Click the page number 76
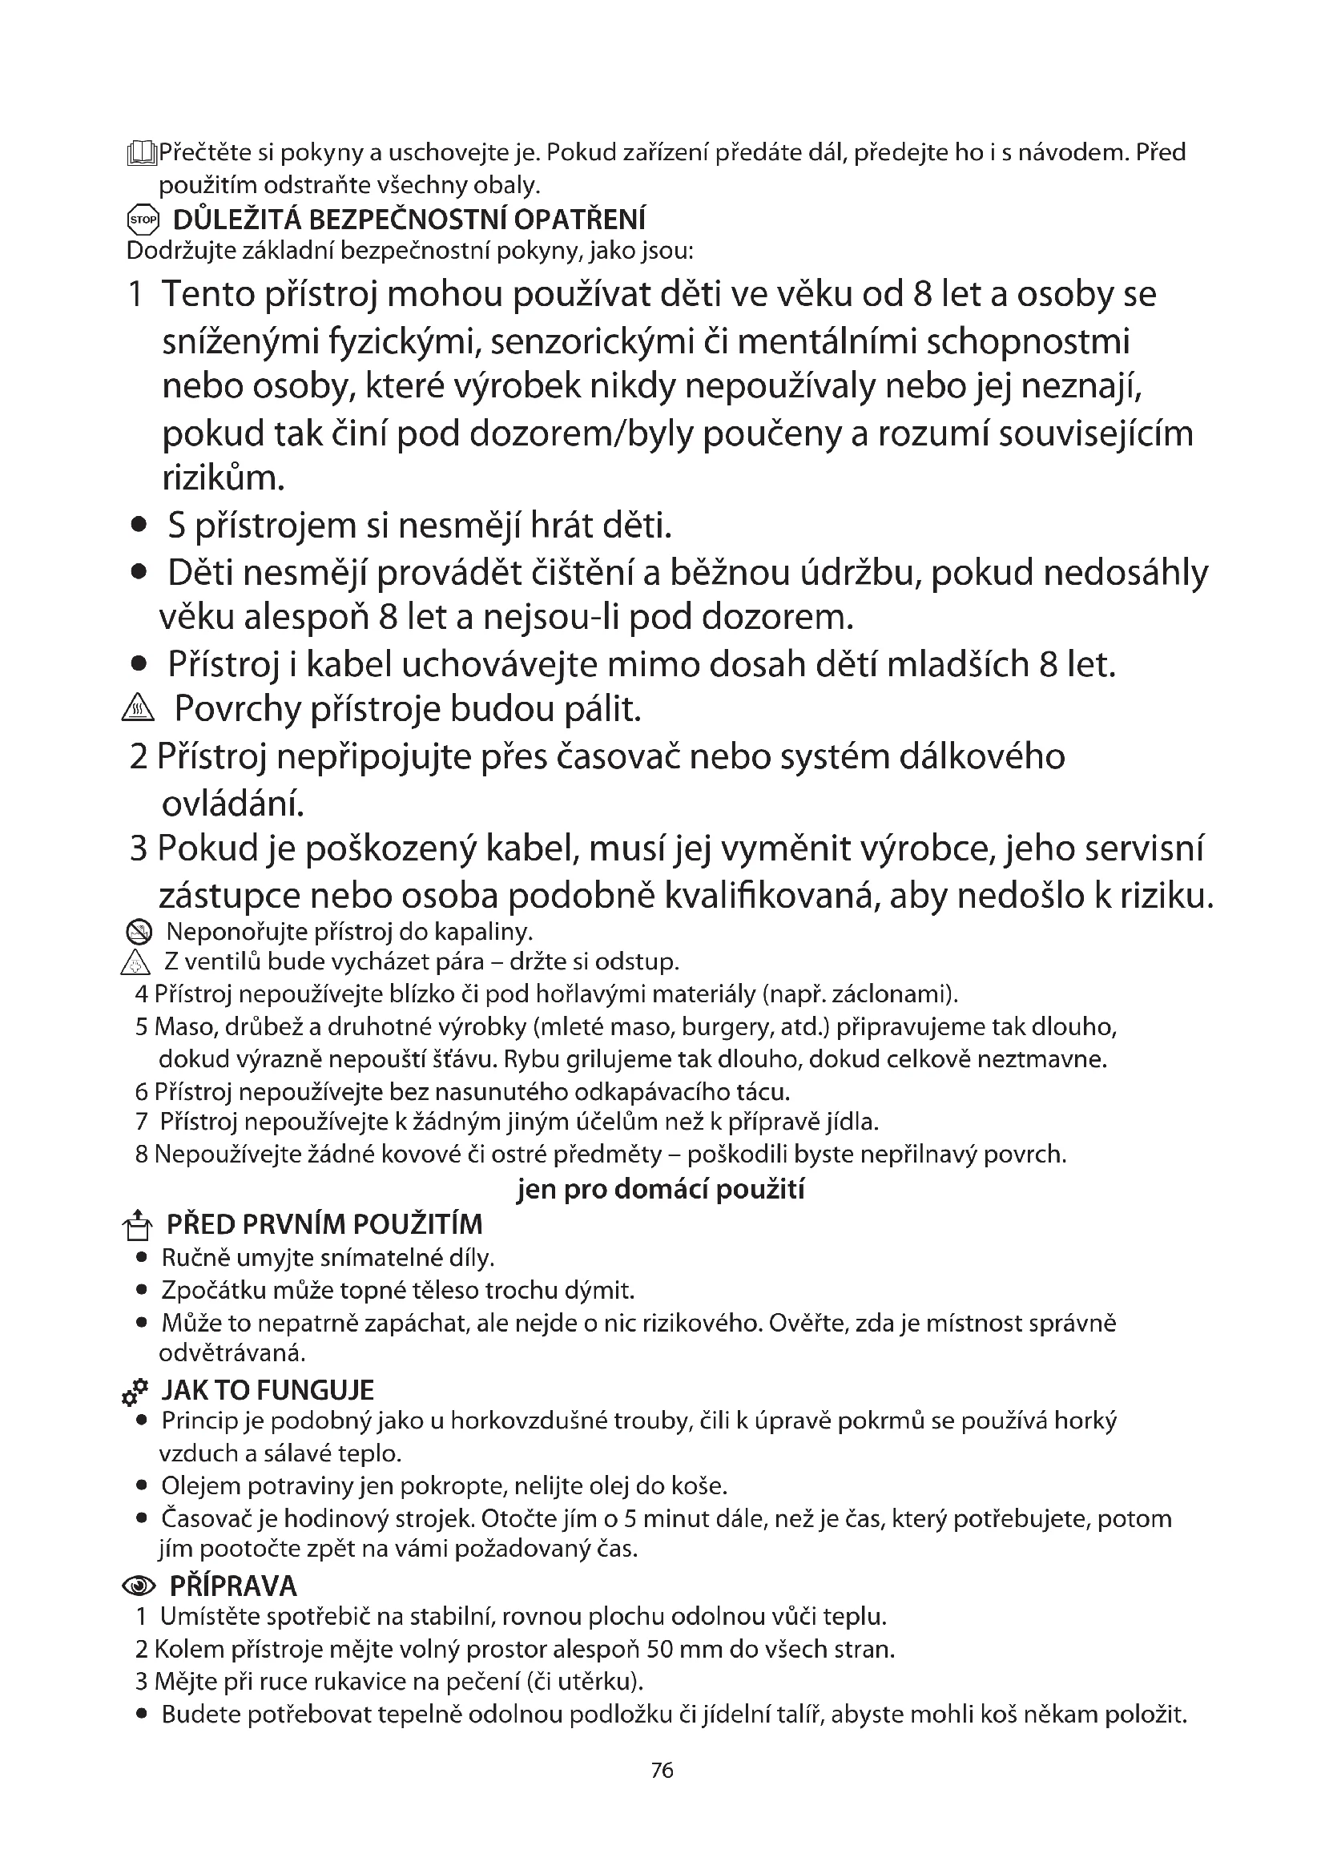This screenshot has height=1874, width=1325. (662, 1770)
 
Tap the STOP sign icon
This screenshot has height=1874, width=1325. (142, 220)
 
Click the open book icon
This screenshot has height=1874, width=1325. (140, 153)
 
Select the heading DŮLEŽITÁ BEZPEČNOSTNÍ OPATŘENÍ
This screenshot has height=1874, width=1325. (409, 220)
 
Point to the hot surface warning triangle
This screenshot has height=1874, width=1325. (137, 710)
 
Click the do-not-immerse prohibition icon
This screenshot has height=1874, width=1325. (140, 931)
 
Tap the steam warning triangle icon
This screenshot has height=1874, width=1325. (135, 964)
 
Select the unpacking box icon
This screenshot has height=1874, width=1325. (137, 1226)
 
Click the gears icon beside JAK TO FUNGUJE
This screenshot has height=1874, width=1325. (135, 1391)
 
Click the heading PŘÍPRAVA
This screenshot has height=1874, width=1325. (232, 1586)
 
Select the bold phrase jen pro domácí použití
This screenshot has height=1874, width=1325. (660, 1189)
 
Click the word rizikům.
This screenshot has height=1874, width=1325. (223, 478)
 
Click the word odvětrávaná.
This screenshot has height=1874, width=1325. (232, 1353)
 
